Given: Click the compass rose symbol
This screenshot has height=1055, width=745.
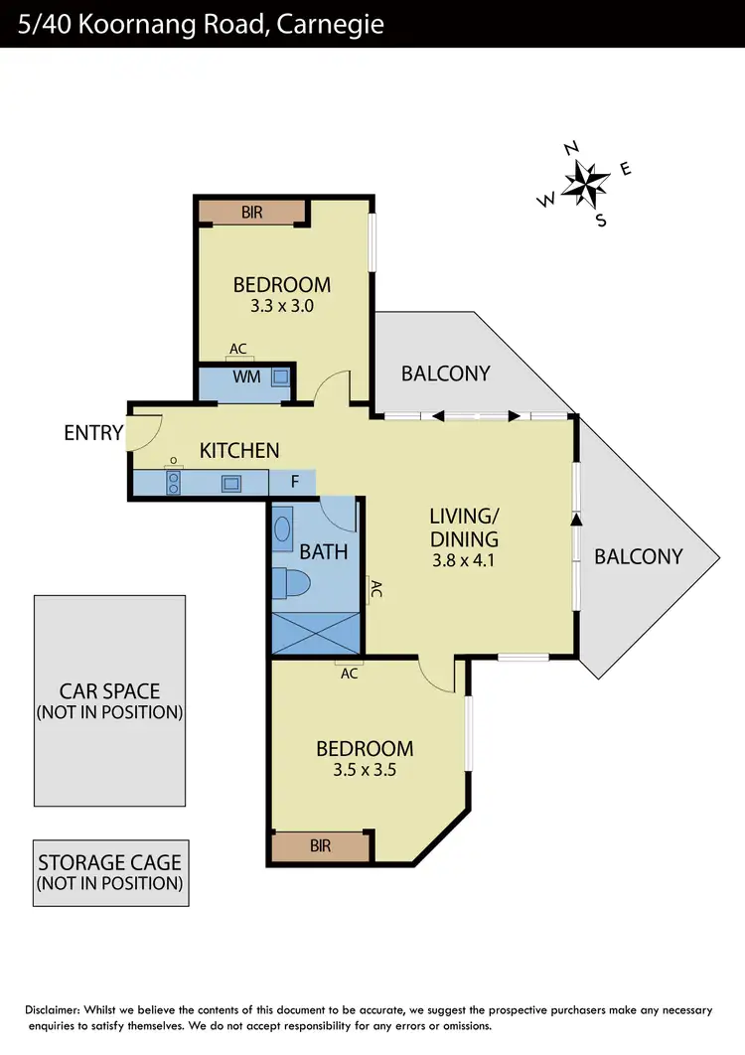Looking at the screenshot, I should point(586,182).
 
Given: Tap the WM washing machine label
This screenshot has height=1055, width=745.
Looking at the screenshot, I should point(247,377).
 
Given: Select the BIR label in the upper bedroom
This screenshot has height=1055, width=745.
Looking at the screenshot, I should point(252,213).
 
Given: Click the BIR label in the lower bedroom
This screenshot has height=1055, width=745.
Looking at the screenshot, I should point(320,846).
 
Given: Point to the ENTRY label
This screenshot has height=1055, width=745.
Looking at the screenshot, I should point(93,433).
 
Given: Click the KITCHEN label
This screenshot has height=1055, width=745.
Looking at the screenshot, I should point(239,451).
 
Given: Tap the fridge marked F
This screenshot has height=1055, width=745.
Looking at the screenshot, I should point(295,483).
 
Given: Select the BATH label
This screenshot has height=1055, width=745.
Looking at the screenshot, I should point(324,550).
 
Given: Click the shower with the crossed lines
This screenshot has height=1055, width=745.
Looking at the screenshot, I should point(313,632).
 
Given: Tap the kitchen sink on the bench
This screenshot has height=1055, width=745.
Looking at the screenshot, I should point(231,484).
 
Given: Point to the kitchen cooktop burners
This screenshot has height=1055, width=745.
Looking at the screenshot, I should point(174,483).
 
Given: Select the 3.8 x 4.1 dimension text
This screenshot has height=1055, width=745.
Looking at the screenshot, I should point(462,560).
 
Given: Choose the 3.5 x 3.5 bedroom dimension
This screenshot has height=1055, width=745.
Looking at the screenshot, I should point(365,769).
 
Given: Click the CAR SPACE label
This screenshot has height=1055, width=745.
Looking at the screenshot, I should point(109,691).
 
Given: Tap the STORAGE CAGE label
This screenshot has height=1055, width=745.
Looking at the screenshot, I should point(109,862).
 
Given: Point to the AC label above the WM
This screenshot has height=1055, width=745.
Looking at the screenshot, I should point(238,350).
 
